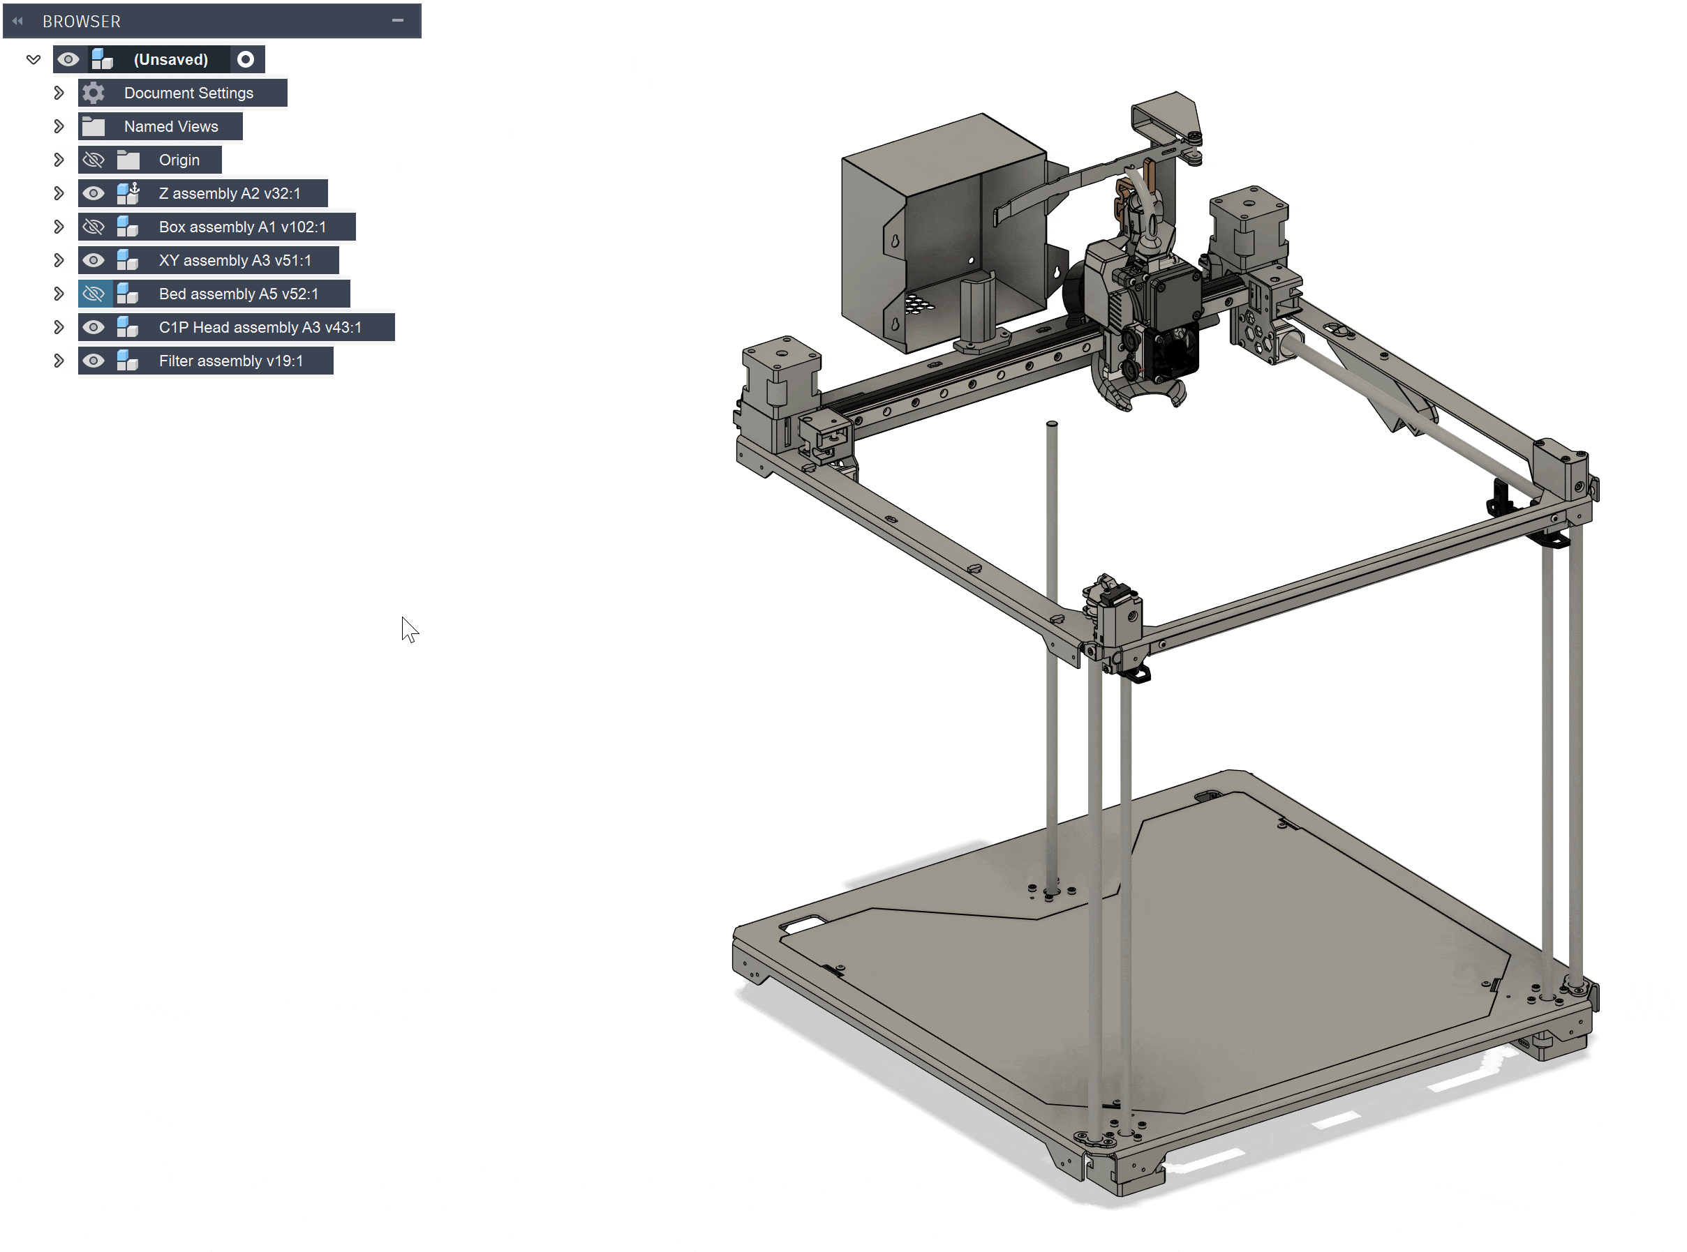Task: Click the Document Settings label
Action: click(188, 93)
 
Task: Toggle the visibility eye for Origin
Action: click(94, 160)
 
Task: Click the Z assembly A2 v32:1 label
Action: click(229, 193)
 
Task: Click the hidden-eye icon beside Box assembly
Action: click(94, 227)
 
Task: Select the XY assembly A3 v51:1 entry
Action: click(235, 261)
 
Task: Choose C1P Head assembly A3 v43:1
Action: click(260, 327)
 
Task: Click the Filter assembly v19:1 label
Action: click(230, 361)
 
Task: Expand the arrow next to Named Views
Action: click(59, 126)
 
